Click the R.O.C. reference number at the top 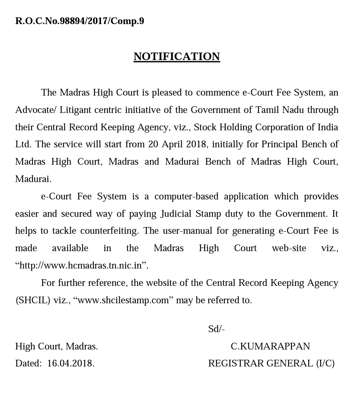(79, 21)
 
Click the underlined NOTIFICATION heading (176, 56)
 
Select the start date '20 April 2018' (177, 144)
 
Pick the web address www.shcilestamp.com (123, 300)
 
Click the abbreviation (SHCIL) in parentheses (33, 300)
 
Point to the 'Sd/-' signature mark (216, 329)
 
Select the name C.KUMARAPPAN (270, 346)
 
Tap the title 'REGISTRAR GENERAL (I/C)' (271, 363)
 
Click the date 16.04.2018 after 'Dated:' (71, 363)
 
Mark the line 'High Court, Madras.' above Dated (56, 346)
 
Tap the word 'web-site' (289, 248)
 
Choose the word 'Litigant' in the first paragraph (75, 110)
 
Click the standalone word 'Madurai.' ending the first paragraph (33, 179)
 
